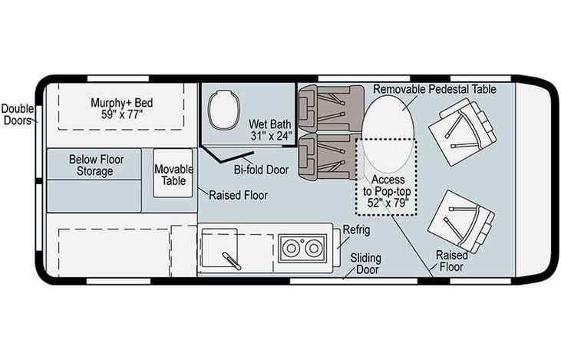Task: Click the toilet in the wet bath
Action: tap(224, 110)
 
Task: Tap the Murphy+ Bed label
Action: tap(122, 103)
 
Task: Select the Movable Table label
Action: tap(173, 175)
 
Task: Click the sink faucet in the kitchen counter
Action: tap(232, 261)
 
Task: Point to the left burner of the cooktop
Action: tap(291, 248)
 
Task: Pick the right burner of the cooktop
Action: tap(314, 248)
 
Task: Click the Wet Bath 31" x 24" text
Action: tap(270, 130)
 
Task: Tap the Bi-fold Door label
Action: tap(261, 170)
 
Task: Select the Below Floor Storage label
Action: tap(96, 165)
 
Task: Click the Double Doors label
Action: tap(18, 114)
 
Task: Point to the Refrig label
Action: tap(356, 230)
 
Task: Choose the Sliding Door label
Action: tap(365, 263)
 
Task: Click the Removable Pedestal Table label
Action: tap(434, 89)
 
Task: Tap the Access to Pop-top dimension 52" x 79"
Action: tap(388, 203)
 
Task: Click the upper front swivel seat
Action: tap(463, 132)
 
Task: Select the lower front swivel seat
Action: tap(462, 221)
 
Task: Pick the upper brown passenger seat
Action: tap(331, 108)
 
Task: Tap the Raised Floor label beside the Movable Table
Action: tap(238, 196)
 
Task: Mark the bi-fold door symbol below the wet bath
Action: tap(228, 154)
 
